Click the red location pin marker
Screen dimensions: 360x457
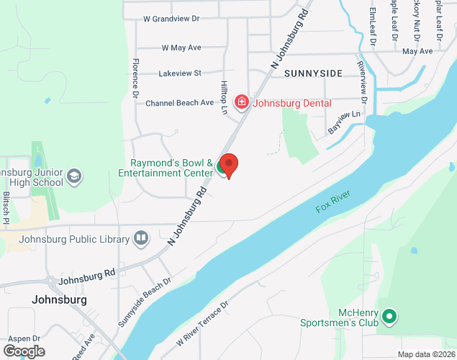click(x=229, y=165)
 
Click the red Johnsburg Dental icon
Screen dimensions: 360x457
click(x=241, y=102)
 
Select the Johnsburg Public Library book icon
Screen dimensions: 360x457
click(x=141, y=237)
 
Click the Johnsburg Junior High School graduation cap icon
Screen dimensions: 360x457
click(x=74, y=176)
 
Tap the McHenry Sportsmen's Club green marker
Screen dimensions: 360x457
click(x=389, y=316)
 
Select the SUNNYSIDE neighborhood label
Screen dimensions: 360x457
click(x=313, y=73)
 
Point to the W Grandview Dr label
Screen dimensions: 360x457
click(x=171, y=18)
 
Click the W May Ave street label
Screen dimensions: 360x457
click(x=181, y=48)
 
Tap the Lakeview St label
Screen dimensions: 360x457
click(x=179, y=73)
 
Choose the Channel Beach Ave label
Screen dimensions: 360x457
click(x=179, y=103)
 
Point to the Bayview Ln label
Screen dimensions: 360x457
click(x=344, y=123)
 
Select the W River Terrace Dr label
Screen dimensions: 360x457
click(x=196, y=321)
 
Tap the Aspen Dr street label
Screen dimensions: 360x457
click(x=25, y=338)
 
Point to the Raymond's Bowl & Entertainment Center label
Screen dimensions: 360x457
click(x=171, y=168)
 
